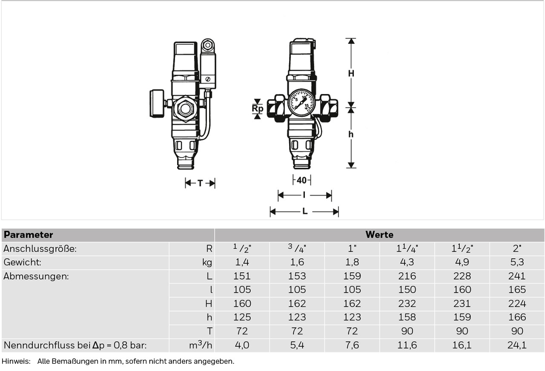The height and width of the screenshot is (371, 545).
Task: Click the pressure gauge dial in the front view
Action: [x=301, y=103]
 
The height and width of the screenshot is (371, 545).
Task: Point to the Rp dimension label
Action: [x=258, y=108]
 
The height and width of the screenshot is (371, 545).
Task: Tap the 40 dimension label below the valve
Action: [x=302, y=180]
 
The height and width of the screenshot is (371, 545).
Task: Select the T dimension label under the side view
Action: [x=200, y=183]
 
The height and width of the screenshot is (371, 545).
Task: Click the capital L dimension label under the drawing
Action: [x=305, y=211]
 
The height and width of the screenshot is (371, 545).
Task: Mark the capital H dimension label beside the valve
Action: [x=351, y=73]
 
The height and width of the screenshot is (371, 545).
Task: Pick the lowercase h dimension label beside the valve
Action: [x=350, y=134]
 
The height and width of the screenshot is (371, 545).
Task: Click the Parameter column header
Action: [x=28, y=235]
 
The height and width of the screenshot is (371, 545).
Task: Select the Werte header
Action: [x=379, y=234]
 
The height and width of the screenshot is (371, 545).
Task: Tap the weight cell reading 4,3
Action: [x=407, y=262]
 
